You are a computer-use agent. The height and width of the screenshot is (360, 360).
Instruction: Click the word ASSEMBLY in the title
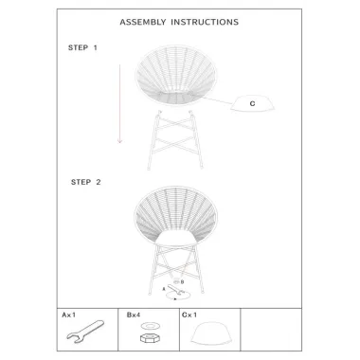point(143,22)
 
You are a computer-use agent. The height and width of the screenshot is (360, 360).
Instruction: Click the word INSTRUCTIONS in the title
point(205,22)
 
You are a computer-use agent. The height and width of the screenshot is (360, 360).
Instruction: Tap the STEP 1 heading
point(82,47)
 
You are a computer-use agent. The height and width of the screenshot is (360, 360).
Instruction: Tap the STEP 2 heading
point(86,182)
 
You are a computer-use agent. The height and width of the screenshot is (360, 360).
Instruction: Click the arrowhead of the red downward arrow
point(119,141)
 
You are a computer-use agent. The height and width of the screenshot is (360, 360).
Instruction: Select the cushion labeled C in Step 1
point(252,103)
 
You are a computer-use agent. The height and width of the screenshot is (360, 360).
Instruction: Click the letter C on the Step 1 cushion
point(252,103)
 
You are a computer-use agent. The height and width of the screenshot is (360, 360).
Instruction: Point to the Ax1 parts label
point(69,315)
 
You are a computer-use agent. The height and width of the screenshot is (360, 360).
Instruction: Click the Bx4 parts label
point(134,315)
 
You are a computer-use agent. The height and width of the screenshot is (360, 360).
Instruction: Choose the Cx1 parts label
point(189,315)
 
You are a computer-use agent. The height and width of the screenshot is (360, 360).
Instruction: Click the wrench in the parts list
point(85,332)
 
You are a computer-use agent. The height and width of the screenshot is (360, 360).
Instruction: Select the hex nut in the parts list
point(150,338)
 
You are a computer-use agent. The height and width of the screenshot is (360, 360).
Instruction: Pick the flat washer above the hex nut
point(150,325)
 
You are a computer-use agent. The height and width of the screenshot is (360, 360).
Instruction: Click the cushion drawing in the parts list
point(211,333)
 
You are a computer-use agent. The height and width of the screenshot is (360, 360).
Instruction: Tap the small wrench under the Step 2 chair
point(174,290)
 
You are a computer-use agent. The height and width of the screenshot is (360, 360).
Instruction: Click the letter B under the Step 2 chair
point(182,282)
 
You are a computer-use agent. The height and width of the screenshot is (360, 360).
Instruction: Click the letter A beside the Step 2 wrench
point(164,289)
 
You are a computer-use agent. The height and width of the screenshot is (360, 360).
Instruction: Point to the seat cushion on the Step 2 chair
point(176,238)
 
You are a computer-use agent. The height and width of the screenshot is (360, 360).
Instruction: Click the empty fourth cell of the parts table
point(271,330)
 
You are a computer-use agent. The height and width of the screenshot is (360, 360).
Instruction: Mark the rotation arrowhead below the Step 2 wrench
point(175,298)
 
